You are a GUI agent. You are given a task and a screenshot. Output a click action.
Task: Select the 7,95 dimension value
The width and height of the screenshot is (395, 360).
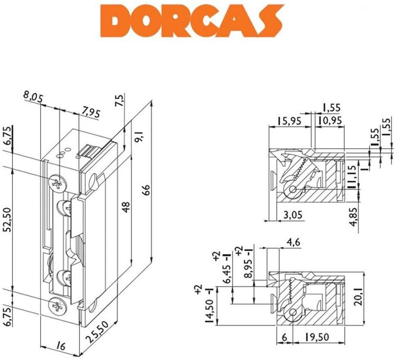pos(91,113)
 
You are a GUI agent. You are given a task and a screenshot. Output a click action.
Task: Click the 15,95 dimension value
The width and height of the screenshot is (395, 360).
pos(289,121)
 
